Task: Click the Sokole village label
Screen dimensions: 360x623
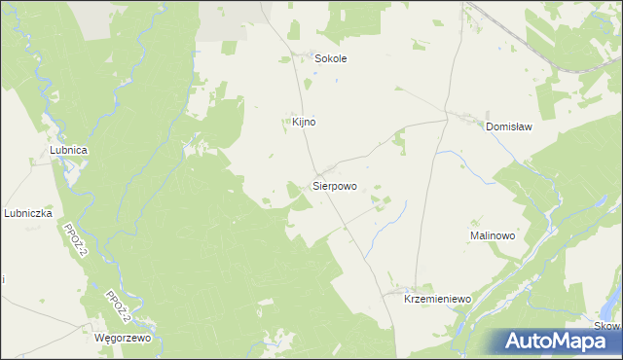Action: (330, 58)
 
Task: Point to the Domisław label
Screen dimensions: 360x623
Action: (511, 126)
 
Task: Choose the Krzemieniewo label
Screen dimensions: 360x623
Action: (437, 300)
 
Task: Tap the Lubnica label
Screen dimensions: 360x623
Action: (69, 150)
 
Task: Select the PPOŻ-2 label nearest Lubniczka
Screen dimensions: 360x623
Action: (73, 239)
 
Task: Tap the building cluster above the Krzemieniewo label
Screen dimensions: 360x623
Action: (399, 289)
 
